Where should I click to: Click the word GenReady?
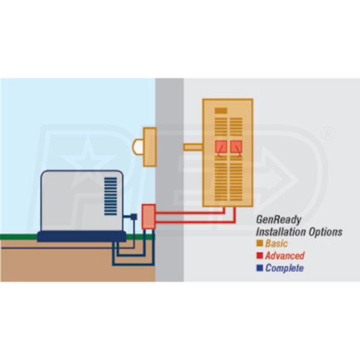(x=278, y=220)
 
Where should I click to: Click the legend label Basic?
(x=277, y=244)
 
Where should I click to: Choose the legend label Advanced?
(x=284, y=256)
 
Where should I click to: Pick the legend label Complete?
(x=284, y=268)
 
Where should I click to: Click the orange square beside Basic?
(x=259, y=244)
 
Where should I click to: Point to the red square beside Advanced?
(x=259, y=256)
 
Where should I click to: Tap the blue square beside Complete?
(x=259, y=268)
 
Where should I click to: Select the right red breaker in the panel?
(x=236, y=147)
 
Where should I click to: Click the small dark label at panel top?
(x=221, y=111)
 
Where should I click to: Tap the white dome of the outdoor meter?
(x=137, y=146)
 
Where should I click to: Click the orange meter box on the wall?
(x=149, y=146)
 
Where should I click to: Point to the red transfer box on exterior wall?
(x=148, y=217)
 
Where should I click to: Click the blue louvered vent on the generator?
(x=112, y=191)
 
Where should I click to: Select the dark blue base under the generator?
(x=82, y=236)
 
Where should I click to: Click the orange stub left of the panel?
(x=193, y=146)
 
